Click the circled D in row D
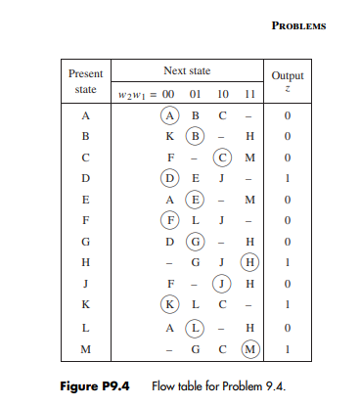click(x=170, y=177)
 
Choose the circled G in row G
click(x=196, y=242)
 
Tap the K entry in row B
click(x=170, y=134)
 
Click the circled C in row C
click(x=223, y=156)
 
